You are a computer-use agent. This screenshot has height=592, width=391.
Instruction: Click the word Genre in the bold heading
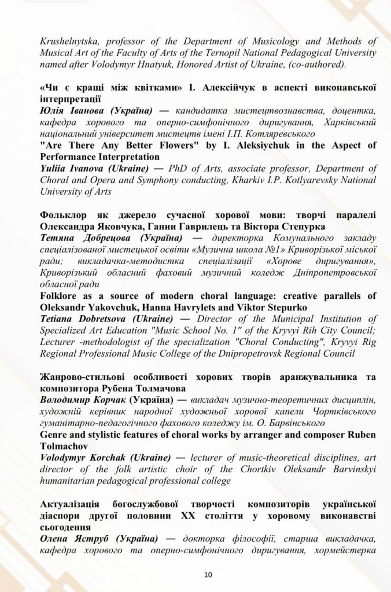54,434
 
